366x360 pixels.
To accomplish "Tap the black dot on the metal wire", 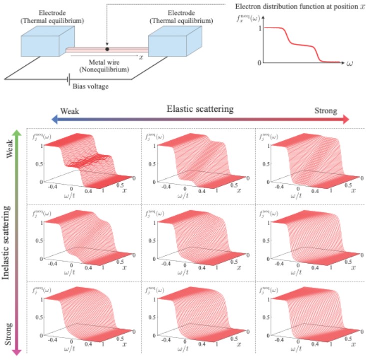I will pyautogui.click(x=107, y=49).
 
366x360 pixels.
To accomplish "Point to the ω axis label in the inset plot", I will pyautogui.click(x=350, y=63).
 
